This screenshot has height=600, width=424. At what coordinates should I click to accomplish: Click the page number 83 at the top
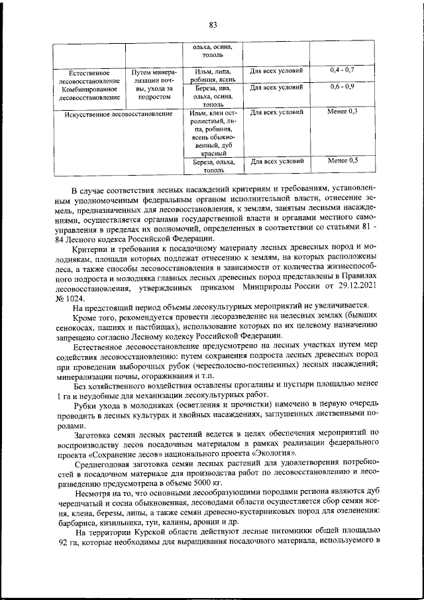[x=213, y=25]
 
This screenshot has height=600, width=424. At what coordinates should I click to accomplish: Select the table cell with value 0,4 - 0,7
[x=342, y=70]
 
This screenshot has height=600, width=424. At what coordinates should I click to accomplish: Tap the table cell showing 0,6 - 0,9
[x=342, y=86]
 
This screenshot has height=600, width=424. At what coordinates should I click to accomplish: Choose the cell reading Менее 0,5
[x=342, y=160]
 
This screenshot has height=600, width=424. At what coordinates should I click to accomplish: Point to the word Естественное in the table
[x=89, y=71]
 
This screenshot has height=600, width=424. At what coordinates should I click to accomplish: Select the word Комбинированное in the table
[x=89, y=88]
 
